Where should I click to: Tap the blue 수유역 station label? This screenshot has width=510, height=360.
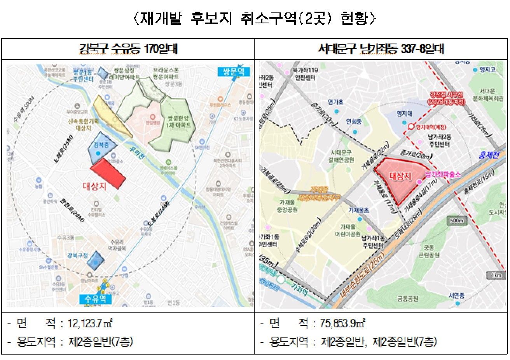[x=95, y=299]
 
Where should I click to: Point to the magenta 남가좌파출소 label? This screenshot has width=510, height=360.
[x=443, y=175]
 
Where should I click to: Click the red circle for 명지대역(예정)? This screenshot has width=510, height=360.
[x=411, y=127]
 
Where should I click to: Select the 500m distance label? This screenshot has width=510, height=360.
[x=457, y=221]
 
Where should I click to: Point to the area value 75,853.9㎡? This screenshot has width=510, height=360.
[x=342, y=323]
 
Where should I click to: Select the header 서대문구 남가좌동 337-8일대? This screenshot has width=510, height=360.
[x=381, y=49]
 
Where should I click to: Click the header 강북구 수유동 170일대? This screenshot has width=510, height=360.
[x=128, y=49]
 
